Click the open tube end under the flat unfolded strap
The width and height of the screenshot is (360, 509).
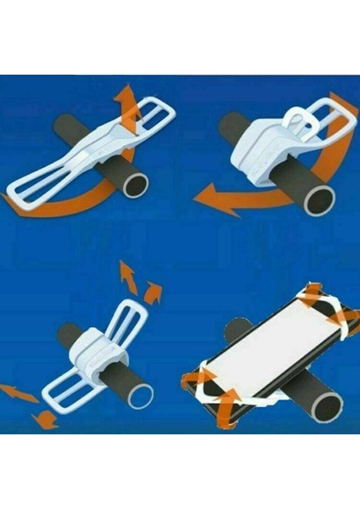click(x=134, y=184)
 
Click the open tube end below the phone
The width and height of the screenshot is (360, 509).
click(x=325, y=406)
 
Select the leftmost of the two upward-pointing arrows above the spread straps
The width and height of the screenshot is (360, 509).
click(x=127, y=276)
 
